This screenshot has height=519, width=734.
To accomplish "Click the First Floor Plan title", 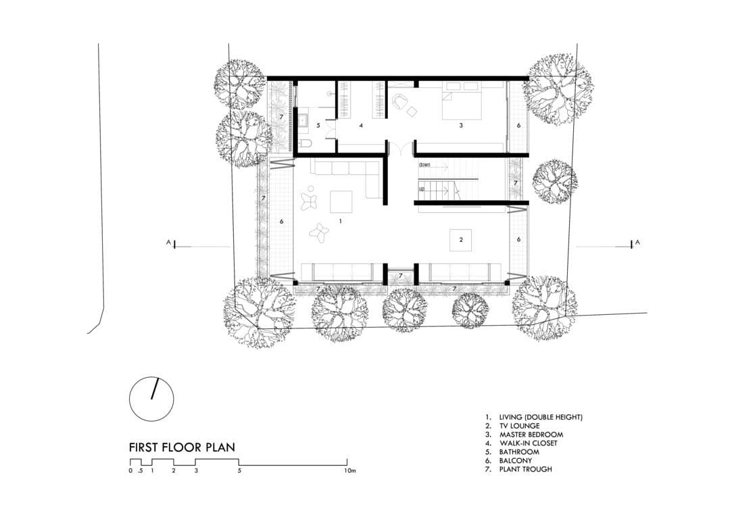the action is click(182, 447).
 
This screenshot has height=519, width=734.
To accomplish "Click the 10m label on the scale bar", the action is click(350, 471).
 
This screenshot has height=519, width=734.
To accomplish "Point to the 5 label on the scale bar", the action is click(239, 471).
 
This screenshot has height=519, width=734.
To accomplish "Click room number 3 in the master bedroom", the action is click(461, 126).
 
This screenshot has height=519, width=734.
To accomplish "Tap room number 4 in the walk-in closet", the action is click(361, 126).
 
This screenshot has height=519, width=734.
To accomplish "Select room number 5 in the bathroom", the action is click(318, 126).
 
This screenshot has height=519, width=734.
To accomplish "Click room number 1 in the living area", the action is click(341, 220).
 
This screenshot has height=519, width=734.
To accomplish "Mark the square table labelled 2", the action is click(461, 240).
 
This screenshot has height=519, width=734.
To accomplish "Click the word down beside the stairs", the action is click(424, 165).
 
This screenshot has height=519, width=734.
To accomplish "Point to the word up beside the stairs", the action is click(422, 189).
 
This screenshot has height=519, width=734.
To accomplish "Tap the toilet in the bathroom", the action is click(305, 144).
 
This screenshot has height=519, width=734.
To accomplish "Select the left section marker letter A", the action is click(168, 242).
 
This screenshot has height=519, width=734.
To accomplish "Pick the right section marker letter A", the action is click(637, 243).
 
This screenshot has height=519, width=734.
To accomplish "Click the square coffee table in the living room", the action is click(341, 201).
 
